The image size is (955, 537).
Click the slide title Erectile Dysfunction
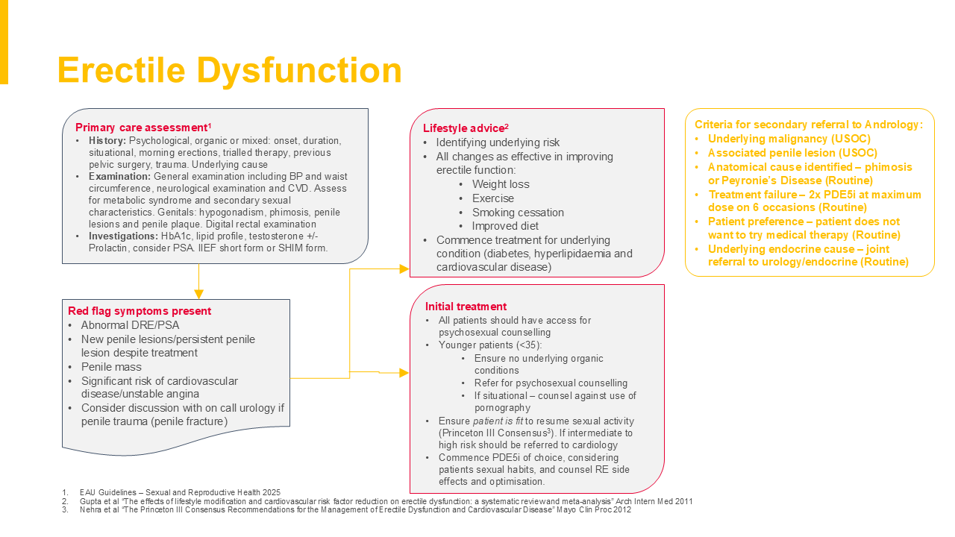coord(229,71)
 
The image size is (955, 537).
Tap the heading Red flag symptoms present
coord(140,311)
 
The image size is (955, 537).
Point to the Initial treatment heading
coord(466,307)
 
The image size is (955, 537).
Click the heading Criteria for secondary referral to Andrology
coord(809,125)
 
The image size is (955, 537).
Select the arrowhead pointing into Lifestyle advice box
coord(404,268)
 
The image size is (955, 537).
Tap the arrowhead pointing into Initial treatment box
coord(404,372)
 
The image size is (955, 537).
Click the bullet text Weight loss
coord(501,184)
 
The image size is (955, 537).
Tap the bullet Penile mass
coord(111,367)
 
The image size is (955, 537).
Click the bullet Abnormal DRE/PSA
coord(130,325)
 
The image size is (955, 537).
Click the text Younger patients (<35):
coord(489,345)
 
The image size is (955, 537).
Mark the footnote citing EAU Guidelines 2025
coord(180,492)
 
